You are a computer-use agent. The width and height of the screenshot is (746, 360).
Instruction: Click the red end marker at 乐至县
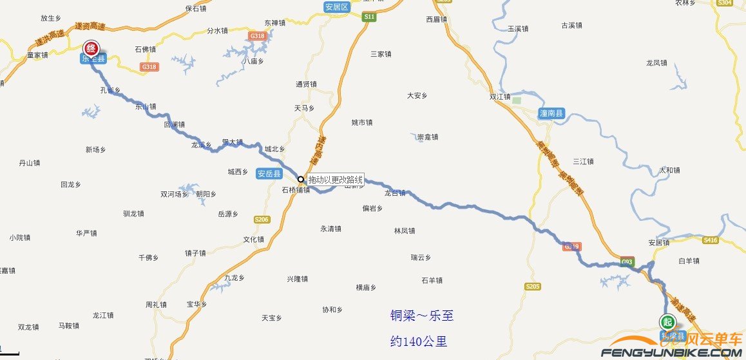click(92, 48)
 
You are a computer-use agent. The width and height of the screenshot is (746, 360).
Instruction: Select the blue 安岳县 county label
click(269, 174)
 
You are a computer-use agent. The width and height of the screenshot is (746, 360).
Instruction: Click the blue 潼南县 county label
click(551, 113)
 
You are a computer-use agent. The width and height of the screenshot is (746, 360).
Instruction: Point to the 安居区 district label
click(336, 7)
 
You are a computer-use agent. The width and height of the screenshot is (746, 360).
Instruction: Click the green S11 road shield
click(368, 17)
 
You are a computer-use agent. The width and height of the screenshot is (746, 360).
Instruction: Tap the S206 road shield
click(262, 220)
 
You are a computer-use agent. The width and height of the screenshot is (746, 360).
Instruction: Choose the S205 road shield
click(532, 286)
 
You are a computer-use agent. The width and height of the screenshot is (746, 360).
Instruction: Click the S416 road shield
click(711, 240)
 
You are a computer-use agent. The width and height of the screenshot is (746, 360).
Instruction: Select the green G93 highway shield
click(627, 261)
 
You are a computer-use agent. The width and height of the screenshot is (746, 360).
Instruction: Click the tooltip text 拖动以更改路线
click(335, 179)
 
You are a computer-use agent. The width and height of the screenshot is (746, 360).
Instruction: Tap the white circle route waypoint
click(300, 179)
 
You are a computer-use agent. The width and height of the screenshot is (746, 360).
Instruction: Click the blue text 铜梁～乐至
click(421, 316)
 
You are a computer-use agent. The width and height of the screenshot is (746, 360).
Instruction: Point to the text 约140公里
click(419, 341)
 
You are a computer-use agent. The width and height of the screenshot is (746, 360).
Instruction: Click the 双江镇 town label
click(500, 97)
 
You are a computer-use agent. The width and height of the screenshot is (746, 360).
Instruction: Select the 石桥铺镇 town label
click(296, 191)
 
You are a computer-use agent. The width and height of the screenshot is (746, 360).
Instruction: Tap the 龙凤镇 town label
click(656, 63)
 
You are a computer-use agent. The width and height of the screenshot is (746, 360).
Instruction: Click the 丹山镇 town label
click(30, 163)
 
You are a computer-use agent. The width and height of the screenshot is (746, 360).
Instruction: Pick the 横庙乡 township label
click(366, 288)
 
